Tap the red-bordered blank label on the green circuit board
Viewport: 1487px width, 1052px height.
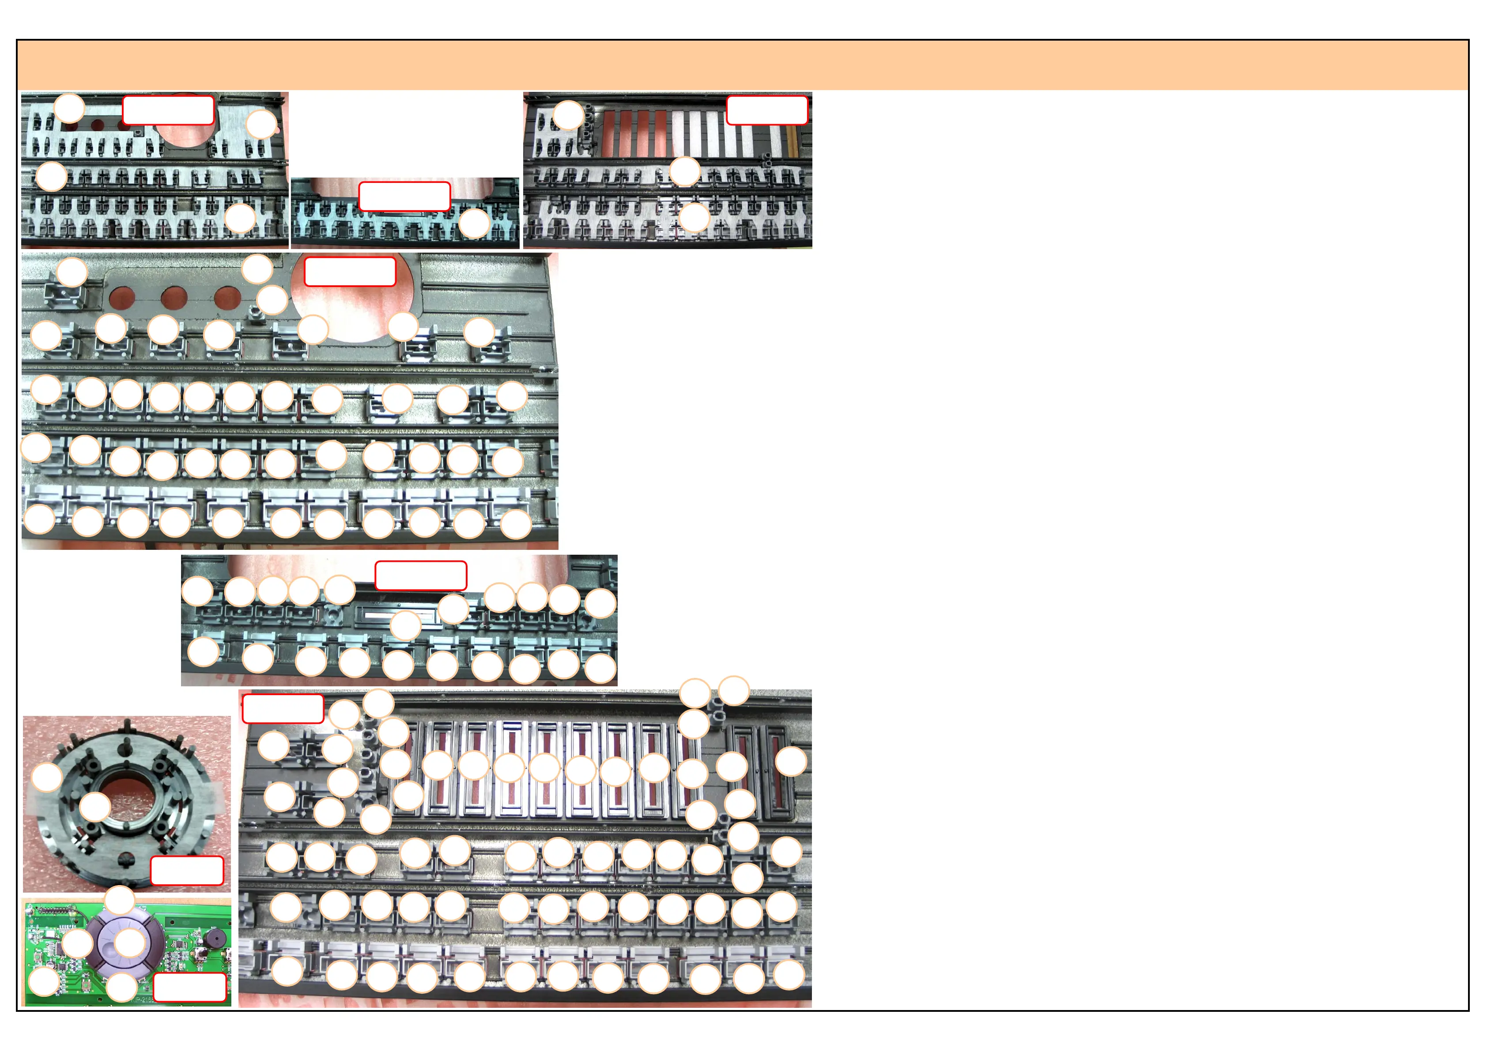(x=189, y=987)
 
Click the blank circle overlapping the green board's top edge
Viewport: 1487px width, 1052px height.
(x=119, y=901)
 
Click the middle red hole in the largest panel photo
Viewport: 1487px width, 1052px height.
(x=174, y=299)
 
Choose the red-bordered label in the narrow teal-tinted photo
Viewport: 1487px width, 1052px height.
(x=404, y=196)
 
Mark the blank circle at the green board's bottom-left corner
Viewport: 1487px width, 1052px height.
(x=45, y=981)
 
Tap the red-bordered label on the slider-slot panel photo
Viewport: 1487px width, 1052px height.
(x=283, y=709)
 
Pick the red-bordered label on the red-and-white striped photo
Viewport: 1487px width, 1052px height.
(x=767, y=110)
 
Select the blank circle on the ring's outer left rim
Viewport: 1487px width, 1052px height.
(x=47, y=777)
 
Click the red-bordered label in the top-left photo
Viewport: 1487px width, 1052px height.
(x=168, y=110)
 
